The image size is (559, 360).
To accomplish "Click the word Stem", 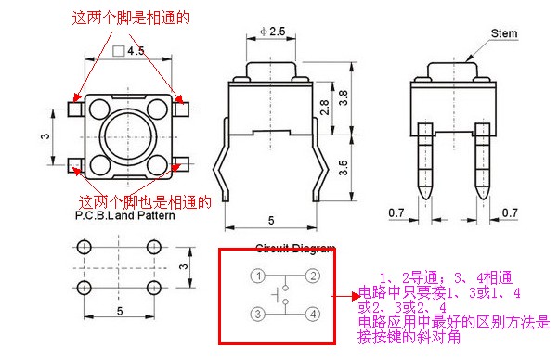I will point(503,33).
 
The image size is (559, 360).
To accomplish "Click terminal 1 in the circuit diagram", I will point(260,276).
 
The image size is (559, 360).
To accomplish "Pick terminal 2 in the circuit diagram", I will point(313,276).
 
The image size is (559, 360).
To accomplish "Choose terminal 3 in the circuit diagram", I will point(260,314).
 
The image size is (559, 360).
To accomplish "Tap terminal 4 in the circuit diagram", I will point(313,314).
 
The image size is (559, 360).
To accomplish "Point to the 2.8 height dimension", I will point(323,107).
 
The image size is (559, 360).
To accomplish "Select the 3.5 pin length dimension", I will point(344,168).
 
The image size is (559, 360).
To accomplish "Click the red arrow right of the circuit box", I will point(347,298).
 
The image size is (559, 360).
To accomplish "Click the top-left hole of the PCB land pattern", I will point(84,248).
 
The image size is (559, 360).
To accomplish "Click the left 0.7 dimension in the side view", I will point(396,213).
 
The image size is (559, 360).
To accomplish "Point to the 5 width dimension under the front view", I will point(270,220).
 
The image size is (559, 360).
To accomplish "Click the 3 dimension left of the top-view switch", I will point(46,136).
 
